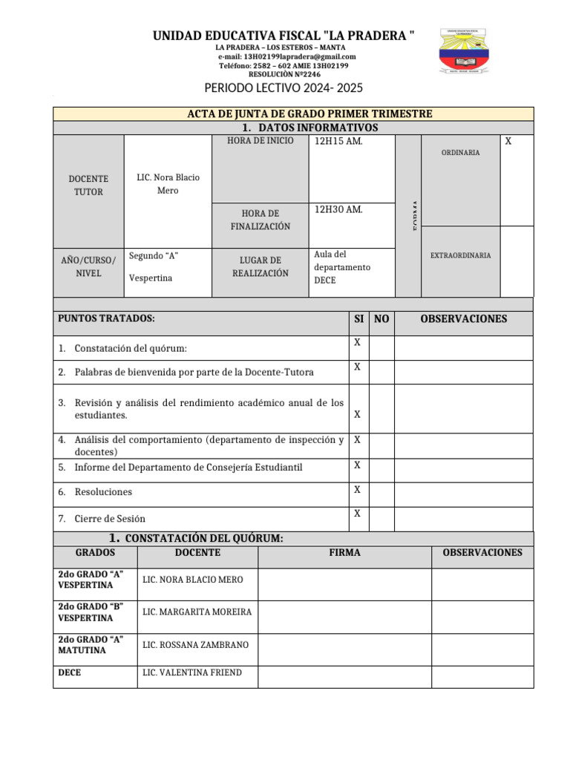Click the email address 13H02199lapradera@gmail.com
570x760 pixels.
pyautogui.click(x=286, y=56)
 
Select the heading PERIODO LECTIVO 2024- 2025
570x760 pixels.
pyautogui.click(x=284, y=88)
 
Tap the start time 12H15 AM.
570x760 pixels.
pyautogui.click(x=338, y=142)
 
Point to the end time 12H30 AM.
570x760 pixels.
pyautogui.click(x=338, y=210)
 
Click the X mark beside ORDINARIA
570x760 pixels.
pyautogui.click(x=508, y=141)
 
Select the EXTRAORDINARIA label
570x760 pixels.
pyautogui.click(x=460, y=255)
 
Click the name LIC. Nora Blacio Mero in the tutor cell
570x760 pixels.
pyautogui.click(x=168, y=184)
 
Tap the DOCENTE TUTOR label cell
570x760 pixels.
pyautogui.click(x=88, y=186)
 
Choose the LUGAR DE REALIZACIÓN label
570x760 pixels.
pyautogui.click(x=260, y=266)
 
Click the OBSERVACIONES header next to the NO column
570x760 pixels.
pyautogui.click(x=464, y=319)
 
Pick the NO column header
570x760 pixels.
pyautogui.click(x=381, y=319)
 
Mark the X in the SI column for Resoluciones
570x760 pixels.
pyautogui.click(x=357, y=490)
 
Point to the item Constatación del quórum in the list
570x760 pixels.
pyautogui.click(x=131, y=348)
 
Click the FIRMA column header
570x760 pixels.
pyautogui.click(x=344, y=553)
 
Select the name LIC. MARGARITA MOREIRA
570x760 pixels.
pyautogui.click(x=197, y=612)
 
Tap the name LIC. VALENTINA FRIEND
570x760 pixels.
pyautogui.click(x=191, y=673)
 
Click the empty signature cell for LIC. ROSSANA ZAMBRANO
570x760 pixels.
pyautogui.click(x=344, y=645)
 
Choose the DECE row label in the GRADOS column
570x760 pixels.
pyautogui.click(x=70, y=673)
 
